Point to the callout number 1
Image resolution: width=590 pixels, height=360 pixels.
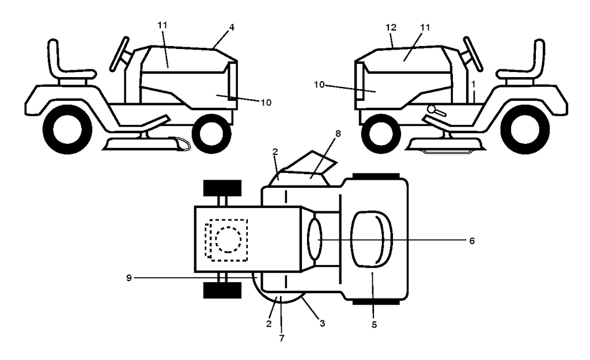[473, 84]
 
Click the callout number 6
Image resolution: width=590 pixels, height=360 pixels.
[471, 240]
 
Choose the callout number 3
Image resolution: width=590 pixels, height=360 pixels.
[323, 323]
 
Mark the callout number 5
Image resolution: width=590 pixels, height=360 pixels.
[374, 325]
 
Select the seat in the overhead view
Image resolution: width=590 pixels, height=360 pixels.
[370, 239]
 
